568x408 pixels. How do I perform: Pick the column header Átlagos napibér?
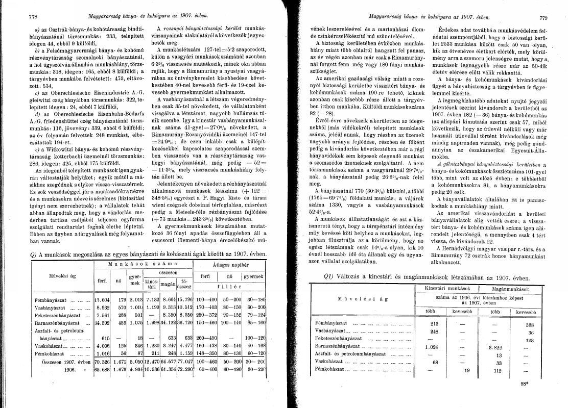[230, 265]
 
